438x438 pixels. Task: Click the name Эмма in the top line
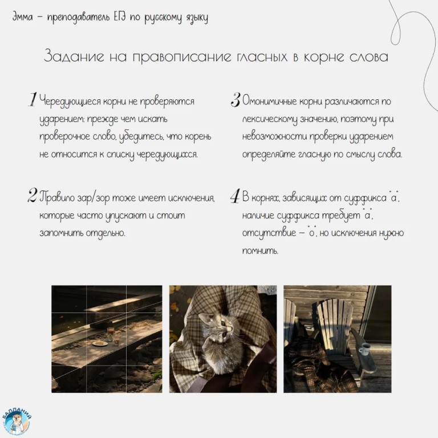click(22, 17)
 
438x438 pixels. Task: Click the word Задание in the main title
click(74, 56)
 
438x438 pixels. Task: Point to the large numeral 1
click(33, 99)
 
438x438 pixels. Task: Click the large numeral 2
click(32, 195)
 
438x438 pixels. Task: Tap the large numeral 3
click(236, 100)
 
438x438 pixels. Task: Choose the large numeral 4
click(235, 196)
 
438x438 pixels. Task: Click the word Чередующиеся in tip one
click(70, 102)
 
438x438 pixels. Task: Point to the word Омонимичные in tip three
click(269, 101)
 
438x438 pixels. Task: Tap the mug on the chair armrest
click(365, 349)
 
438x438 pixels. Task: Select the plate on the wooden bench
click(100, 343)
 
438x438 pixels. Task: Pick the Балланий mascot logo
click(17, 421)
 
